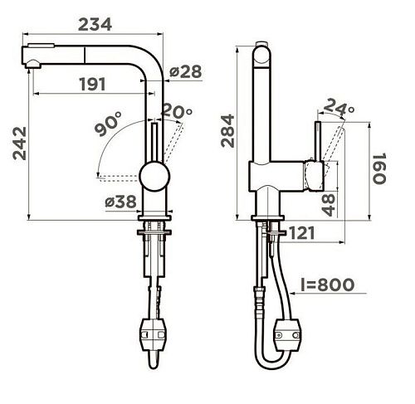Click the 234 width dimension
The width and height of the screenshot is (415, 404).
(95, 24)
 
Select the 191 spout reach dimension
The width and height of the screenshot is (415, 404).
(92, 84)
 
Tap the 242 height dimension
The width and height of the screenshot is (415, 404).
(20, 144)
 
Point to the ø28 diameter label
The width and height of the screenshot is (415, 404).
(186, 71)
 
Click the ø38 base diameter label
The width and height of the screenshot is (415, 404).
(121, 202)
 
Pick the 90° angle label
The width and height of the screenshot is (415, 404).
(108, 124)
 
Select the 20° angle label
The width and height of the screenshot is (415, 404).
(176, 110)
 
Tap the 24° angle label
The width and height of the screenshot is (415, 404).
(339, 107)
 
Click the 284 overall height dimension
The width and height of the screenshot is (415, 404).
(227, 131)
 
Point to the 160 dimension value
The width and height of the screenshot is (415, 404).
(379, 168)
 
